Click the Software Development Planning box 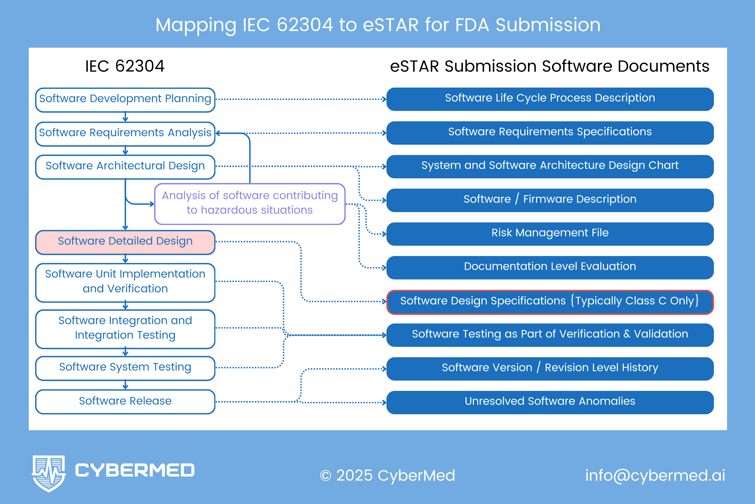tap(125, 100)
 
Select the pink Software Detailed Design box tap(125, 242)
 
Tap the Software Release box tap(125, 401)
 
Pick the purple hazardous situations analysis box tap(249, 203)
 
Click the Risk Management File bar tap(550, 234)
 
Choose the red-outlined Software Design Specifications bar tap(550, 302)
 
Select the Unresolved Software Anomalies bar tap(550, 402)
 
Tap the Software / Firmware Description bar tap(550, 200)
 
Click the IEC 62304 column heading tap(125, 66)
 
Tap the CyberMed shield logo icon tap(49, 473)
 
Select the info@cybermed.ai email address tap(655, 475)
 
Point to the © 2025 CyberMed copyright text tap(387, 475)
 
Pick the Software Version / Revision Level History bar tap(550, 368)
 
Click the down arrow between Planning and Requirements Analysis tap(125, 117)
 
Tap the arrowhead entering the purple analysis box tap(151, 204)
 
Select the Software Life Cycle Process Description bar tap(550, 99)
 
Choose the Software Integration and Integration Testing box tap(125, 329)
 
